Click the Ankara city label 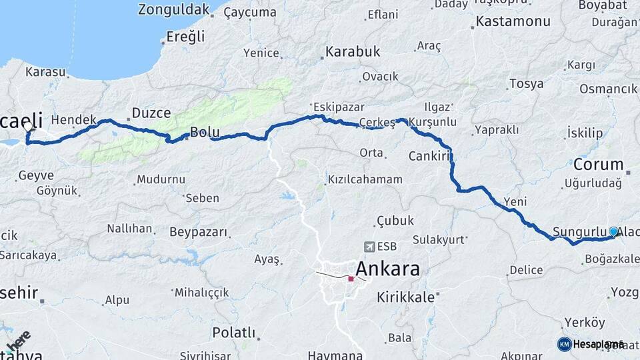388,269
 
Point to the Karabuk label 353,51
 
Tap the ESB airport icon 369,247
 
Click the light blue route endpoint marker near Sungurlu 613,231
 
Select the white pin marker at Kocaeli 27,125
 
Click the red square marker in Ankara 351,279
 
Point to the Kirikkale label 405,297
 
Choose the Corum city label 599,164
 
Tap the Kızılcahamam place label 365,179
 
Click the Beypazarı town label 199,232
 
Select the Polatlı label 233,332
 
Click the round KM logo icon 565,344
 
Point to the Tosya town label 526,84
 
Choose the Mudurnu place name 161,179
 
